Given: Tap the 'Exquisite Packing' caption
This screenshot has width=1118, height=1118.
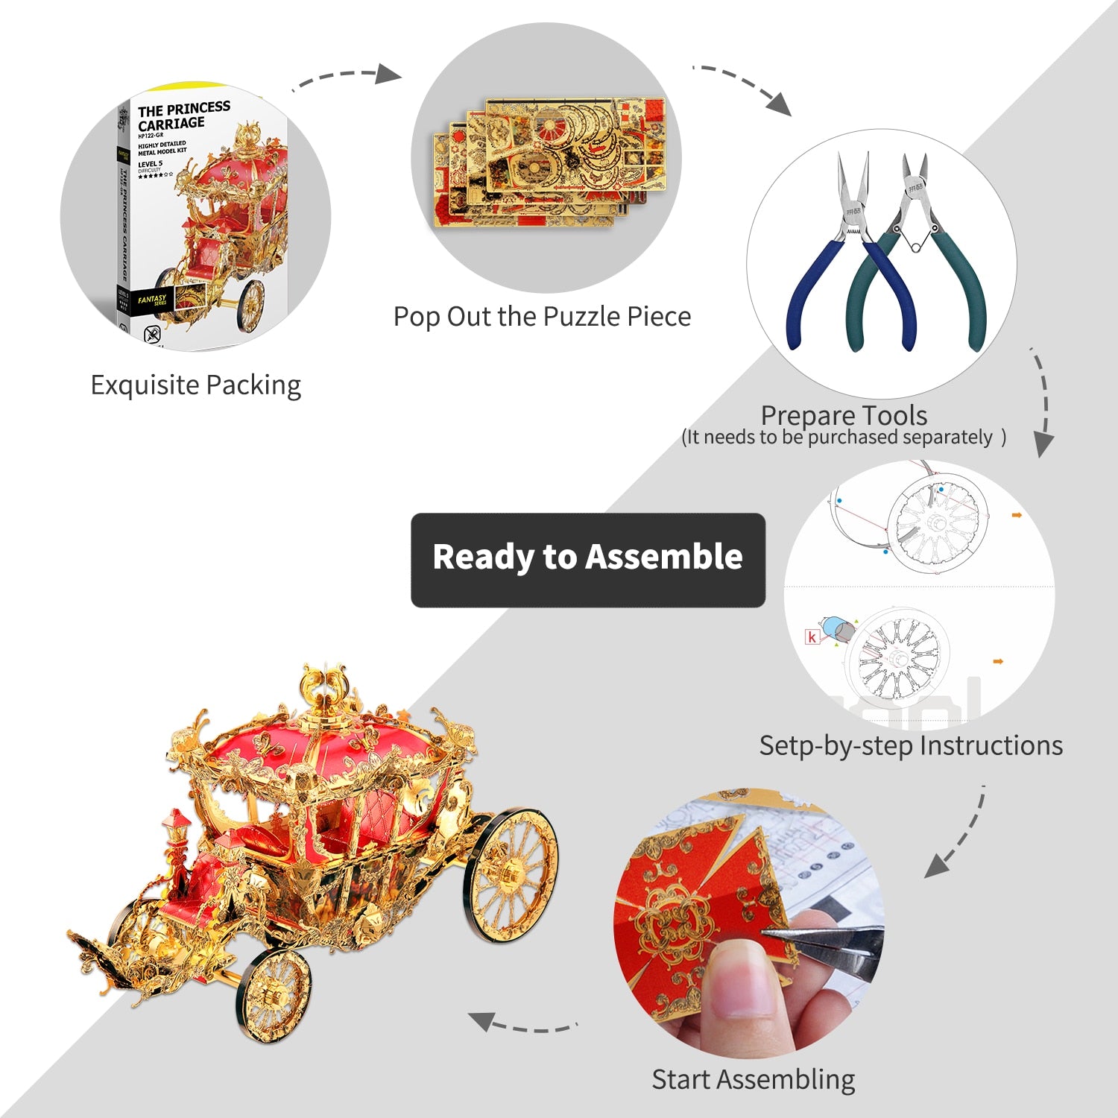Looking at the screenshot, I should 195,385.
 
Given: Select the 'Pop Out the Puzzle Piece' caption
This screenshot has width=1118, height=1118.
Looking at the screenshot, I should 542,317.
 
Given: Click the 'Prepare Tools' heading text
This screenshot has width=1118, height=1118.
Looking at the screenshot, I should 844,414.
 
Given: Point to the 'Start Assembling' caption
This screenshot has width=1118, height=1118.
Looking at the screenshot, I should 753,1079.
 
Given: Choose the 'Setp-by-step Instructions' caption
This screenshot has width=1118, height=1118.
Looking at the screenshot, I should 911,745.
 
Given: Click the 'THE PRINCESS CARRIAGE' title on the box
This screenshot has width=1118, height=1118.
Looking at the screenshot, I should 183,116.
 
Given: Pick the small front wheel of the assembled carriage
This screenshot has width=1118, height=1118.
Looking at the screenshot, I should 274,995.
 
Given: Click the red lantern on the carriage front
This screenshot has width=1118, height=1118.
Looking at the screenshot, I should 178,827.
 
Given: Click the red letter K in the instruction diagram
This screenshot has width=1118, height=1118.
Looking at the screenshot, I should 812,637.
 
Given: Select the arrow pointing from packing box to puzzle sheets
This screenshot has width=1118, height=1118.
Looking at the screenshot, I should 347,77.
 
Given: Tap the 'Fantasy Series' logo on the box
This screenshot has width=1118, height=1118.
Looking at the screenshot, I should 153,300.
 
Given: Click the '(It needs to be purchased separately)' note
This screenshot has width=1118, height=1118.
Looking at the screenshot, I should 844,438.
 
